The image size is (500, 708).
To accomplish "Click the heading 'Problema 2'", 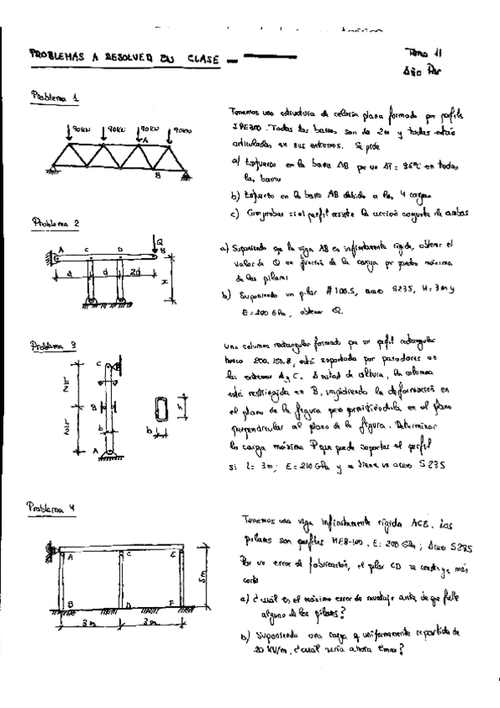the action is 54,223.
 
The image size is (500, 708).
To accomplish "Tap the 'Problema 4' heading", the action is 52,507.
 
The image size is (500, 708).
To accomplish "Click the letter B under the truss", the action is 157,176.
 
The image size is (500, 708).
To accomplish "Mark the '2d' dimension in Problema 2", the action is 134,272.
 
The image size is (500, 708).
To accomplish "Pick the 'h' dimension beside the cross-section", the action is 181,409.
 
